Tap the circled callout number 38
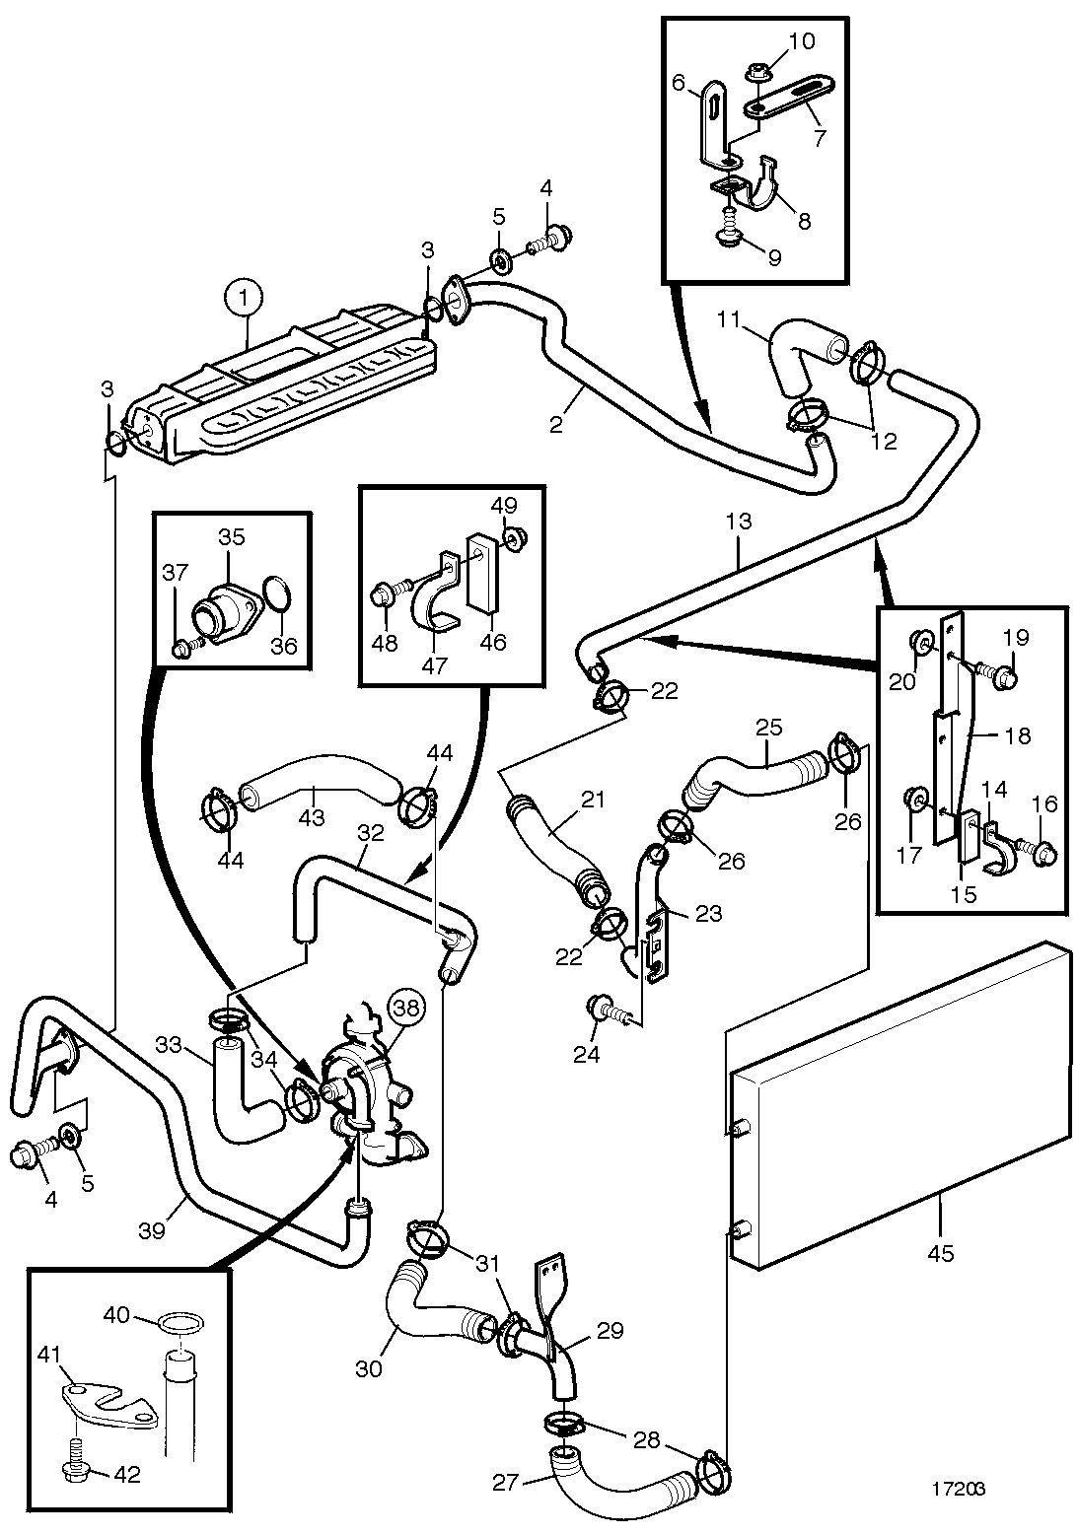(407, 1008)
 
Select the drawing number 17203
(959, 1489)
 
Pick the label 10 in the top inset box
(800, 41)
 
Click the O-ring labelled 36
(276, 594)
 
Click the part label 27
(506, 1478)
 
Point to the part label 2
(555, 424)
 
